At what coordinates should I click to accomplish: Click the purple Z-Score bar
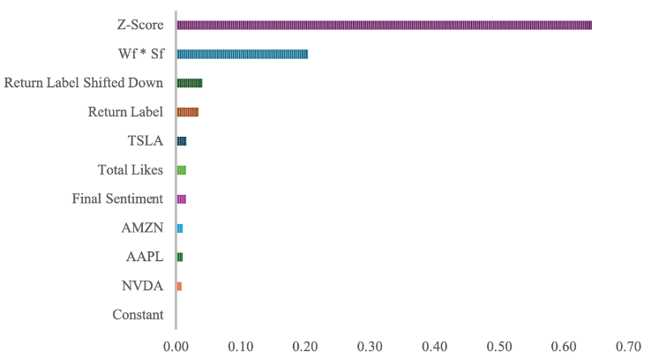[384, 25]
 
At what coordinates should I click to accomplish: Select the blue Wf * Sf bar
[243, 54]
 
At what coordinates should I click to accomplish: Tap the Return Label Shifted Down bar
[190, 83]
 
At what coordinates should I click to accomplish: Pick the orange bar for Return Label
[188, 112]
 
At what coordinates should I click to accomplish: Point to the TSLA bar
[182, 141]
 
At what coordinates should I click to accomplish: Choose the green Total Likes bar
[182, 170]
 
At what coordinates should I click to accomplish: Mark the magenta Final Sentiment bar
[182, 199]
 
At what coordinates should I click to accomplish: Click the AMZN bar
[180, 229]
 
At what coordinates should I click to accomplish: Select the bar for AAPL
[180, 258]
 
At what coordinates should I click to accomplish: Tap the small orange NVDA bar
[179, 287]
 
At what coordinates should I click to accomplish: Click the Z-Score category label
[140, 25]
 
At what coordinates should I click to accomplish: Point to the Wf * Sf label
[140, 54]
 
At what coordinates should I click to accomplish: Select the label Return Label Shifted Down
[84, 83]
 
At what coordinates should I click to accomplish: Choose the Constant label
[138, 315]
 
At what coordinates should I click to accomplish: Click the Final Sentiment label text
[117, 199]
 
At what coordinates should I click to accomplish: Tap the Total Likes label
[131, 170]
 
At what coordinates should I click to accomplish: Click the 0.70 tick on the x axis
[630, 346]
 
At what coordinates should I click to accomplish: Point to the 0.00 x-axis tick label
[176, 346]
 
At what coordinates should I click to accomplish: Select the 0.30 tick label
[370, 346]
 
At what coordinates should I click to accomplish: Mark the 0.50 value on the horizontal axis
[500, 346]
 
